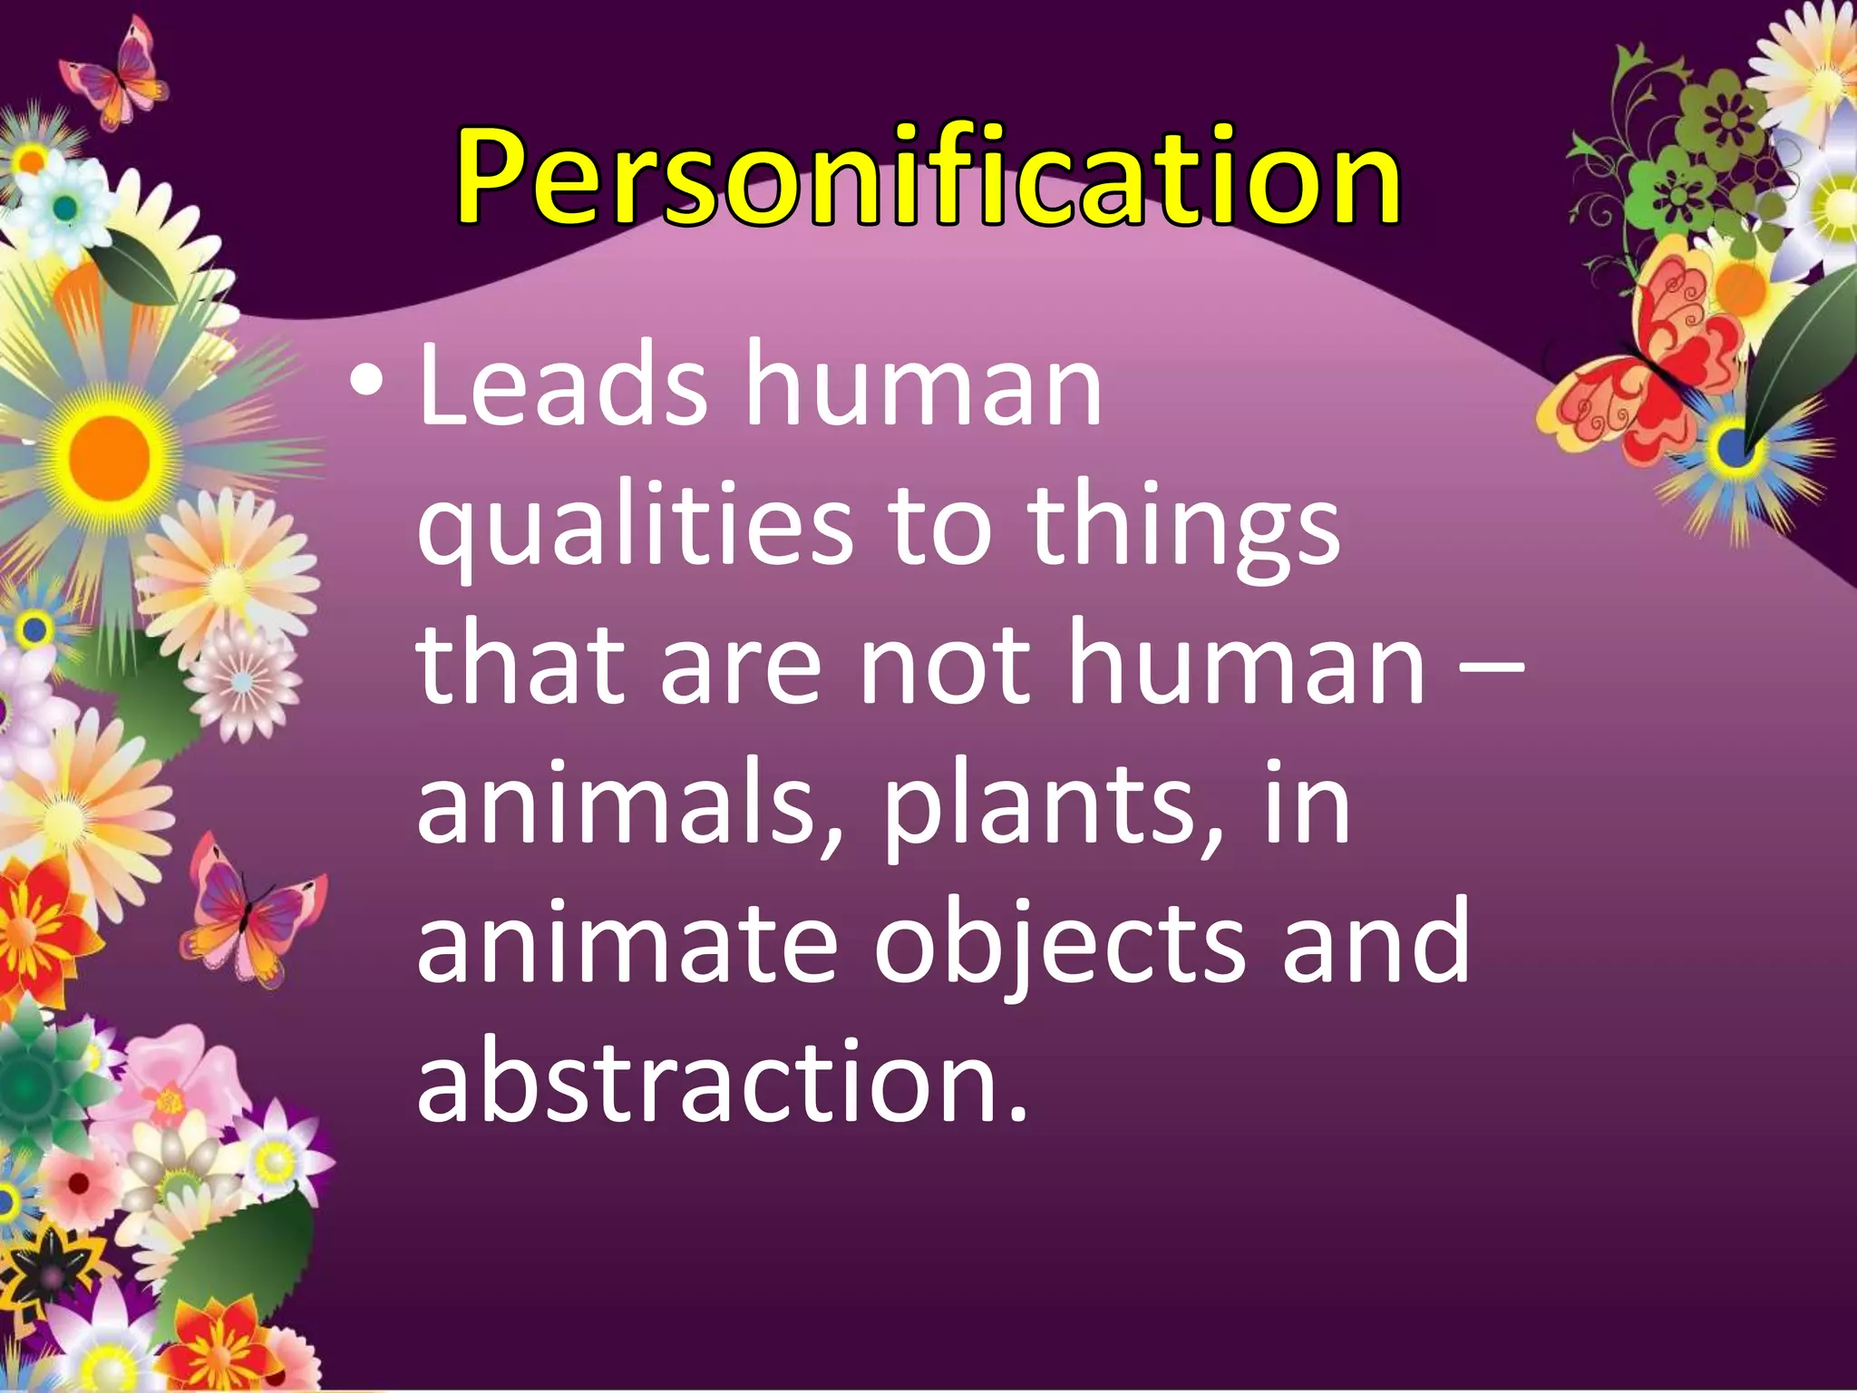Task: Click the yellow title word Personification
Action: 928,177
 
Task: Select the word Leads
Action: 562,385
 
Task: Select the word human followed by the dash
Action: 1247,667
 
